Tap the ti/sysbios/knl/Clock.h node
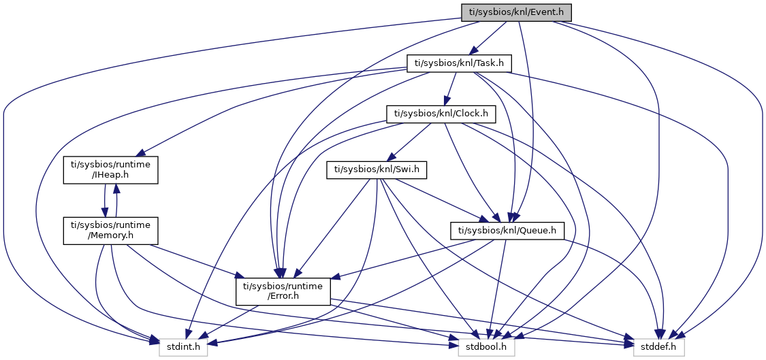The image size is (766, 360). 440,114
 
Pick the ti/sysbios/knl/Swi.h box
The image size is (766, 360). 377,169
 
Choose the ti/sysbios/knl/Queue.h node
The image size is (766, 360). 507,231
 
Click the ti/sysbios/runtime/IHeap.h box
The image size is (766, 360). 111,170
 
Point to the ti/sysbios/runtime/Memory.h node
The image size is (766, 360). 111,231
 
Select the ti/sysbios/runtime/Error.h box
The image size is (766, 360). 283,291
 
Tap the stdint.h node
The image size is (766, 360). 183,347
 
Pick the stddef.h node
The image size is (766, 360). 659,347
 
